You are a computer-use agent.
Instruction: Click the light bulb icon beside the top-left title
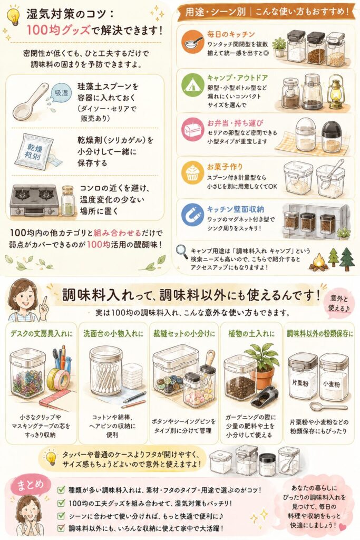coord(14,16)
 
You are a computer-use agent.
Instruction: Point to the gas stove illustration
coord(34,200)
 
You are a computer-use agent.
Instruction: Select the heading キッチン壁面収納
coord(235,209)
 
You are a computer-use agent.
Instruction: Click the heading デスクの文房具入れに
coord(42,333)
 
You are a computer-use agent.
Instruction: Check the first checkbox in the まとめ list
coord(61,489)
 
